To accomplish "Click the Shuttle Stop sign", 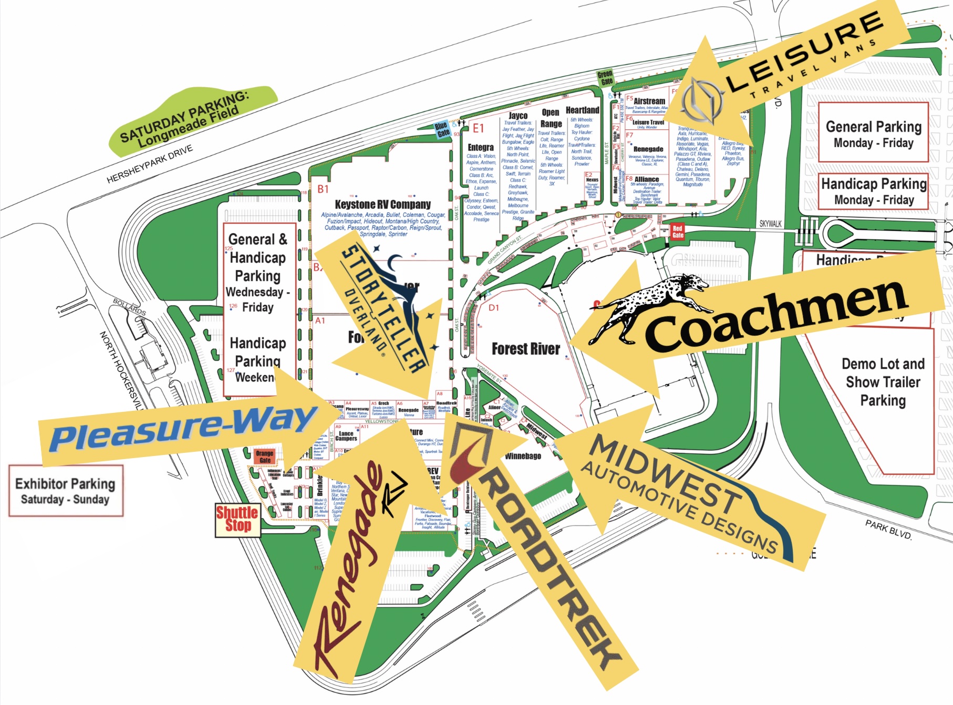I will [237, 520].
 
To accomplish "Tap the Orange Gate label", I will [264, 457].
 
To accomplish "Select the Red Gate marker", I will [678, 232].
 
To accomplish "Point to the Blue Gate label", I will [442, 129].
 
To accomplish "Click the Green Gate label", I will [605, 78].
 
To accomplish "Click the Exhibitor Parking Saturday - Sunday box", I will [66, 491].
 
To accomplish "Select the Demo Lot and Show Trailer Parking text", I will [883, 382].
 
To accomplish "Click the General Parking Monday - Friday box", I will [873, 133].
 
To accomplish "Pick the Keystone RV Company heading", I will [382, 204].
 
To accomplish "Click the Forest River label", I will [526, 349].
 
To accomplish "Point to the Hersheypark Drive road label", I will [150, 164].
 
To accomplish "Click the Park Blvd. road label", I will [888, 530].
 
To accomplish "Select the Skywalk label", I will [770, 224].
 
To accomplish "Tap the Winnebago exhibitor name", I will [522, 456].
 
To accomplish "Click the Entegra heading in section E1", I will [480, 148].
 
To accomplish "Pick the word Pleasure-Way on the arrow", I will [181, 429].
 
